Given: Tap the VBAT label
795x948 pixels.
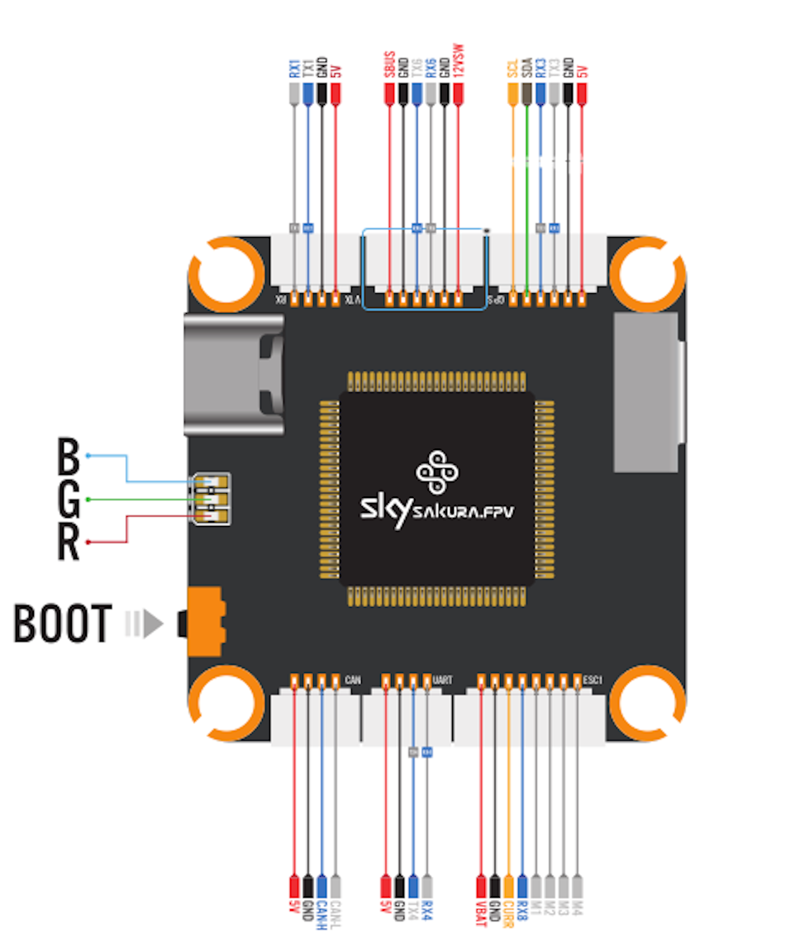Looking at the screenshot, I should pos(481,914).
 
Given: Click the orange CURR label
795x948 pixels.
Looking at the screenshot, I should pos(508,914).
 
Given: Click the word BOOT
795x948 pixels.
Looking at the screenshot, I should pos(62,624).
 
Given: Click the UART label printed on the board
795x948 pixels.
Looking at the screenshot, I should pos(443,680).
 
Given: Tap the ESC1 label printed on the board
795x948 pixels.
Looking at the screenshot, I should pos(594,680).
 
